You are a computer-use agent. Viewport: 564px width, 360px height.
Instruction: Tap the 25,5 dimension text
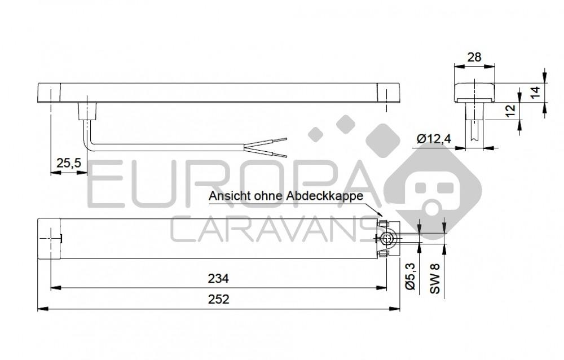pos(69,163)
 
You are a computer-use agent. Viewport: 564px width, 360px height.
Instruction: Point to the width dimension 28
pos(475,56)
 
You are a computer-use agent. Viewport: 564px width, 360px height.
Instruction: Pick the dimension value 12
pos(510,111)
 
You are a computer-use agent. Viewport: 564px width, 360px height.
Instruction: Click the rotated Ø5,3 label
pos(411,277)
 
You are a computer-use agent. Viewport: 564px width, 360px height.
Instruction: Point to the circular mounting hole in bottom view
pos(387,239)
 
